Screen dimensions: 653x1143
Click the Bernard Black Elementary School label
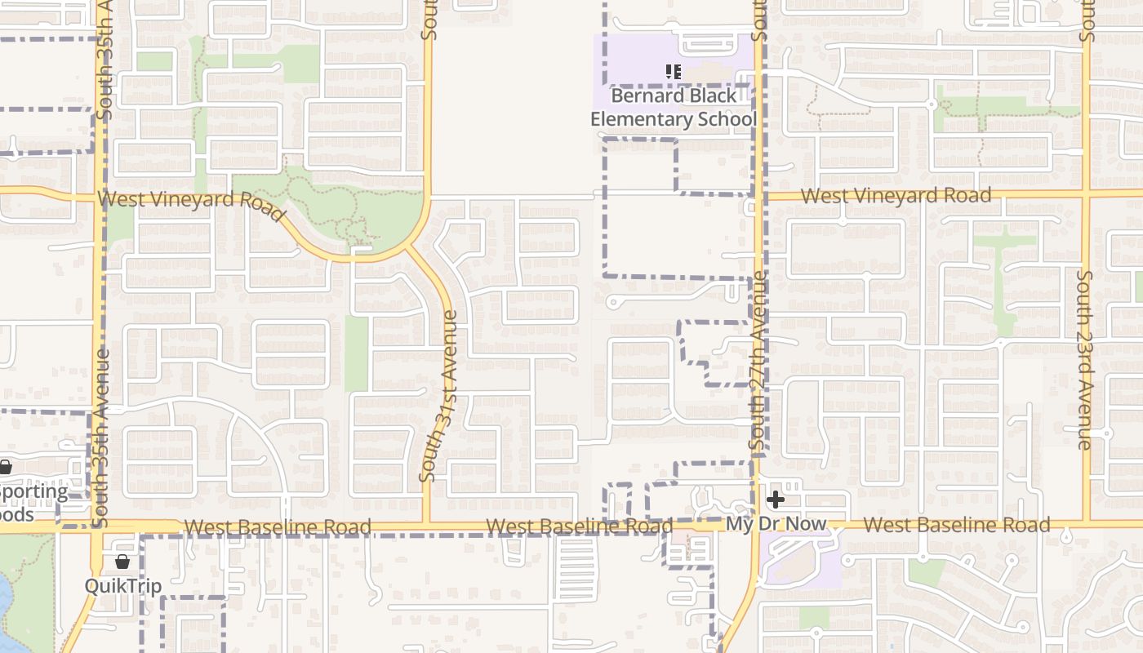pyautogui.click(x=674, y=108)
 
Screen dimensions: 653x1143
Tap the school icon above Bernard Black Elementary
pyautogui.click(x=674, y=72)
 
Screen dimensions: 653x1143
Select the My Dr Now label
pyautogui.click(x=776, y=524)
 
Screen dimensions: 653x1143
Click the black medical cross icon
pyautogui.click(x=776, y=499)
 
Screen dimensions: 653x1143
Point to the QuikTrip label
pyautogui.click(x=122, y=585)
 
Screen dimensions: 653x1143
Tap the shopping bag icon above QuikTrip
pyautogui.click(x=122, y=562)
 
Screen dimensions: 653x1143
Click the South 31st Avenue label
pyautogui.click(x=438, y=396)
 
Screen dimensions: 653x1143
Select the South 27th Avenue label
pyautogui.click(x=758, y=363)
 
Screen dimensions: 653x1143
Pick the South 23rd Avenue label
pyautogui.click(x=1084, y=359)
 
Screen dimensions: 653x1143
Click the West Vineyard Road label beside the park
pyautogui.click(x=192, y=203)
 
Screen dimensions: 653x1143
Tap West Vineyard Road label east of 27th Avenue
pyautogui.click(x=896, y=196)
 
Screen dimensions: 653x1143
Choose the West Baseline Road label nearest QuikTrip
pyautogui.click(x=278, y=527)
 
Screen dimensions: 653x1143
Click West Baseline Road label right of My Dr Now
pyautogui.click(x=956, y=525)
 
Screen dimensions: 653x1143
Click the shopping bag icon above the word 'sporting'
pyautogui.click(x=5, y=468)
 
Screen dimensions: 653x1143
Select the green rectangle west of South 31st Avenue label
pyautogui.click(x=357, y=353)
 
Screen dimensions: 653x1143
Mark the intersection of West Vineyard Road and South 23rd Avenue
pyautogui.click(x=1086, y=193)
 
